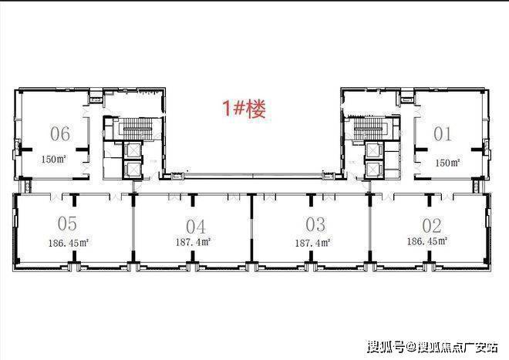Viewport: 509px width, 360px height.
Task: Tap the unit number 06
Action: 60,134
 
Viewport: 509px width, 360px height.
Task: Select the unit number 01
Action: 442,134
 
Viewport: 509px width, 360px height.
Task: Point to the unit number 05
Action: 67,224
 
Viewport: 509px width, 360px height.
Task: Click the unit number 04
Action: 195,226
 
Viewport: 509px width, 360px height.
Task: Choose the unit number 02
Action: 431,225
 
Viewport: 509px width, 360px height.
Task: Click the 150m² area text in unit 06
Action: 54,161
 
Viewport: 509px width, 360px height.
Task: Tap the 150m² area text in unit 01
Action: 447,163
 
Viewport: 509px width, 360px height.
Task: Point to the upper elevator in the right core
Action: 375,150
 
